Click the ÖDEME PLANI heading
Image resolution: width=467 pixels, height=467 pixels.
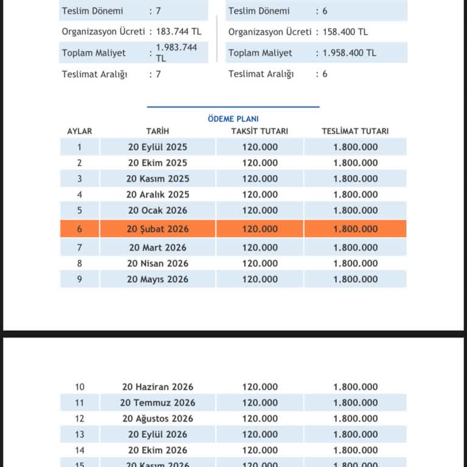[x=233, y=119]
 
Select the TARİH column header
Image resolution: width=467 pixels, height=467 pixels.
[x=157, y=131]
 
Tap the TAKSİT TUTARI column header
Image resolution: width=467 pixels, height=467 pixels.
[x=260, y=131]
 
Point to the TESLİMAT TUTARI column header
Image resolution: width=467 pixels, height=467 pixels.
[x=355, y=131]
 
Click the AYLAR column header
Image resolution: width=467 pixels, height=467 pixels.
[x=80, y=131]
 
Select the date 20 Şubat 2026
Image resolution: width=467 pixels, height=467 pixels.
[x=157, y=229]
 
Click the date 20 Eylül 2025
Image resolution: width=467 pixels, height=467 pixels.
[x=157, y=147]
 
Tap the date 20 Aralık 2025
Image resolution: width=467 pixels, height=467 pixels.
[x=157, y=195]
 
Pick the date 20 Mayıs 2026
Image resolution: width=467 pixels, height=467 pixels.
[x=157, y=280]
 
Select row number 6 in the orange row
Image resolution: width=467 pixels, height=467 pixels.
[x=80, y=229]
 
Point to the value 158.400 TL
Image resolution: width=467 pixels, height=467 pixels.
[x=345, y=32]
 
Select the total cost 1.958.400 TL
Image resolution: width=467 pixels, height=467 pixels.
[x=350, y=53]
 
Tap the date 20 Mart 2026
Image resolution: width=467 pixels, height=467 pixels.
[x=157, y=248]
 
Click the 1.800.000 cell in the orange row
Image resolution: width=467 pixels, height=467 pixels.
[x=355, y=229]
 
